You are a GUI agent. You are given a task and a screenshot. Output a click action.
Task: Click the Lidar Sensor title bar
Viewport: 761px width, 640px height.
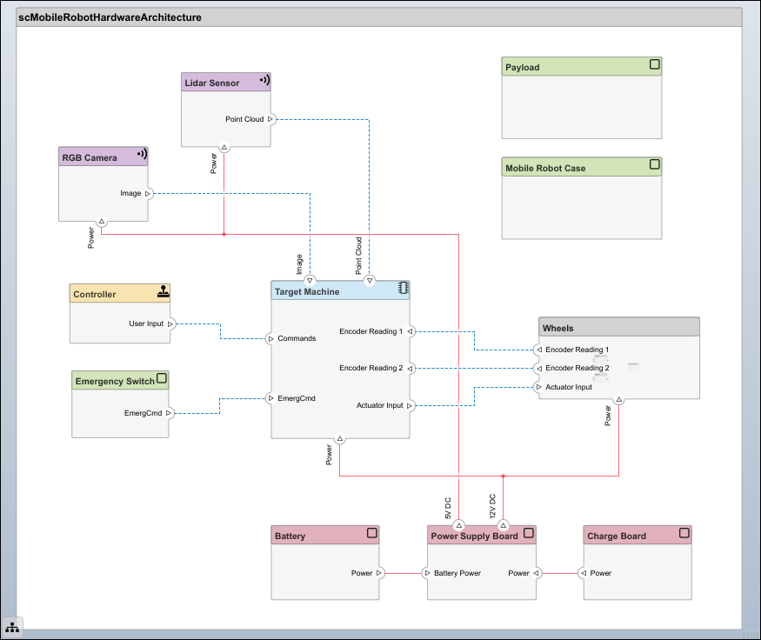225,82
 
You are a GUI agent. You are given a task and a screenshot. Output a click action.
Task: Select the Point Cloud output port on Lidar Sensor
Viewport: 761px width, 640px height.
270,119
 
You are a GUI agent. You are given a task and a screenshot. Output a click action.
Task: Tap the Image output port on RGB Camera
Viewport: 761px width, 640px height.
148,193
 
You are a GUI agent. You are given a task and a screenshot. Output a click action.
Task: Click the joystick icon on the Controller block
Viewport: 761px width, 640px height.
164,291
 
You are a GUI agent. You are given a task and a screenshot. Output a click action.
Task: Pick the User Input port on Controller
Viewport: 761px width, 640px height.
170,323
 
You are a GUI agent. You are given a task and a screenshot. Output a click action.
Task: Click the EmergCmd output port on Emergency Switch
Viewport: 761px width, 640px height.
169,413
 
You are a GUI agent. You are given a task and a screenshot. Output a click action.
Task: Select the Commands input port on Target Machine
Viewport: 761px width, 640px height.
270,338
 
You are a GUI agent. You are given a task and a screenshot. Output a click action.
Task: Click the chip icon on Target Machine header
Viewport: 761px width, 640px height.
404,288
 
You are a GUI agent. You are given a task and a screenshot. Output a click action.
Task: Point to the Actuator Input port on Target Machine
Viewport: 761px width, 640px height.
410,405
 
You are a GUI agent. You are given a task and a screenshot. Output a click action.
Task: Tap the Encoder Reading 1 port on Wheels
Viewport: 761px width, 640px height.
538,350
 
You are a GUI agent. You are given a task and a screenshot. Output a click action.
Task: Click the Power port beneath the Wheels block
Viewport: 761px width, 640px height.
618,399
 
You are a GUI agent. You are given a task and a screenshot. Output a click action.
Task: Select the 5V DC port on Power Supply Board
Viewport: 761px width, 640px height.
458,525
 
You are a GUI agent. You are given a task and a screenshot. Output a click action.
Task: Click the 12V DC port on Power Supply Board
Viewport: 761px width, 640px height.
504,525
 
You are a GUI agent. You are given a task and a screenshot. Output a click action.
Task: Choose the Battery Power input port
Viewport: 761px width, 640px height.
427,573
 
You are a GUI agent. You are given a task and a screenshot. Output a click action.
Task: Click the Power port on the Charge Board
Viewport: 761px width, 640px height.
584,573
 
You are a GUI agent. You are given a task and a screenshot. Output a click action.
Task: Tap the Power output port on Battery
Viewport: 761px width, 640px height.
379,573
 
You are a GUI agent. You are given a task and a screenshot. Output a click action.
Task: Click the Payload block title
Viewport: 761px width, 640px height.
522,67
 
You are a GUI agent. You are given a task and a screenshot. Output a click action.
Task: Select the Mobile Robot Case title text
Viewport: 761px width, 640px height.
545,168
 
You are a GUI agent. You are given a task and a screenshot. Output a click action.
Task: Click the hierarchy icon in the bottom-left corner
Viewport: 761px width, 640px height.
12,627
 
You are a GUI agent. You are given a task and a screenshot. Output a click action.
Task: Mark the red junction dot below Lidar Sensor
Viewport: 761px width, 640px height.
224,235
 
